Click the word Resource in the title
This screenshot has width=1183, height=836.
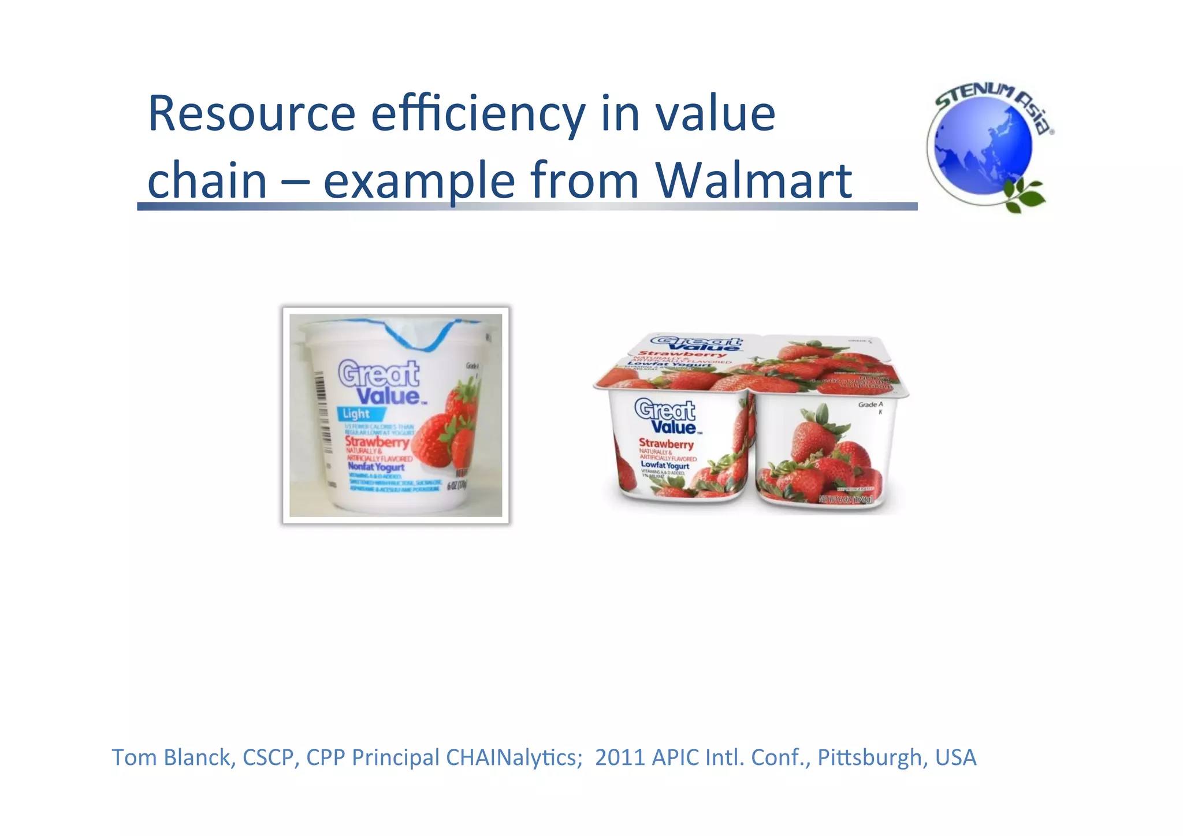coord(251,114)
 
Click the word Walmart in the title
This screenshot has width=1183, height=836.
coord(753,180)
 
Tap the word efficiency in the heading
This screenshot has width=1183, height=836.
coord(477,114)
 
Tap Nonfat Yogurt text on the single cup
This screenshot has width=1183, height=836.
coord(375,466)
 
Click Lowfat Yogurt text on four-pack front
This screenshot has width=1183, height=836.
coord(664,466)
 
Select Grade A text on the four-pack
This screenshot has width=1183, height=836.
coord(870,405)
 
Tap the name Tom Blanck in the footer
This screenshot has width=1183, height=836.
coord(172,757)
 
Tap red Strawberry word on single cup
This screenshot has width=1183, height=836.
coord(377,442)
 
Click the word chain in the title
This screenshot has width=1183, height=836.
coord(207,180)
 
